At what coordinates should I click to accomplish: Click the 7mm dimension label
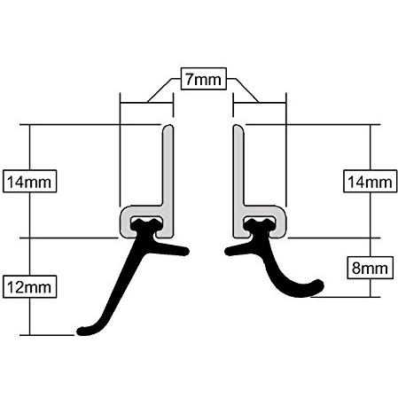point(204,79)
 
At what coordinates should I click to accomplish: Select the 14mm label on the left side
point(29,182)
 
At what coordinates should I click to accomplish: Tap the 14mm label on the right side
point(370,182)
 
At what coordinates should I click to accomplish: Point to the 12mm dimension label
point(29,287)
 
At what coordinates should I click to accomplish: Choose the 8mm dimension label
point(370,268)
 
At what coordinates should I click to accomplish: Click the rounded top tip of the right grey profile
point(238,127)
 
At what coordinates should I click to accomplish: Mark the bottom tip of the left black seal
point(81,332)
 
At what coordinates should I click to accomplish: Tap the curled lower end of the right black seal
point(319,285)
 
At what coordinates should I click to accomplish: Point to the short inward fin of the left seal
point(171,249)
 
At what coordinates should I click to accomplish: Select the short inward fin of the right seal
point(238,250)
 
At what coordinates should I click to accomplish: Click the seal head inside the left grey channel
point(146,224)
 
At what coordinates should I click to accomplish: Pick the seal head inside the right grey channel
point(260,224)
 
